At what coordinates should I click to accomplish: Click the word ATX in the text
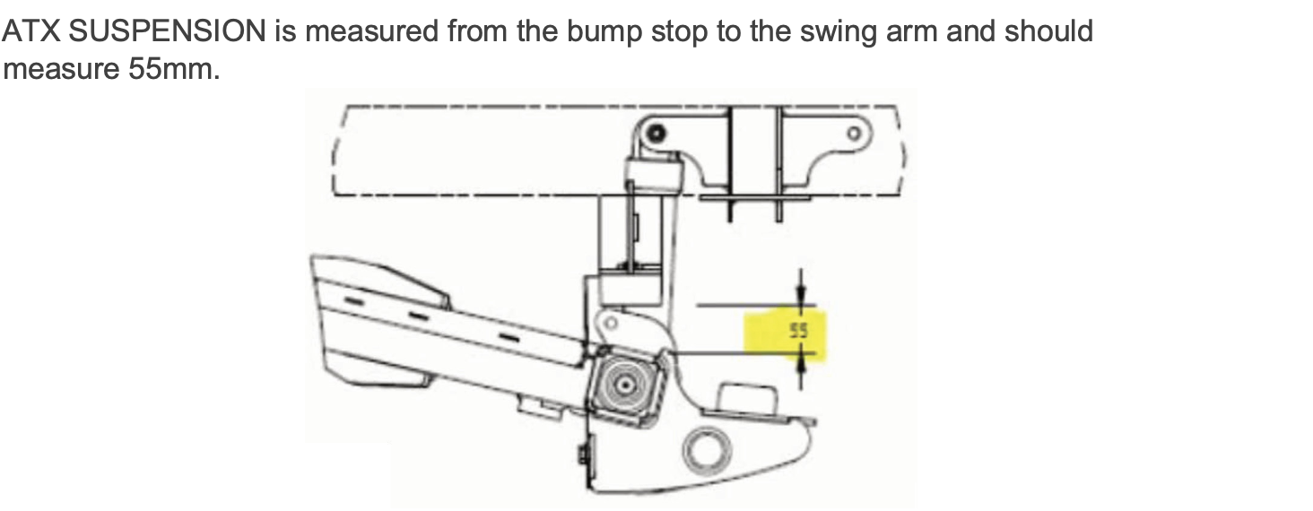[31, 31]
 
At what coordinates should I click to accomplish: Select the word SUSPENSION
[166, 31]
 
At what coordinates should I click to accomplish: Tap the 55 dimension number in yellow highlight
[798, 331]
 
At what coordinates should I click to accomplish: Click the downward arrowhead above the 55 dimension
[802, 297]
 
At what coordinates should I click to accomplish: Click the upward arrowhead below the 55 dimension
[802, 362]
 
